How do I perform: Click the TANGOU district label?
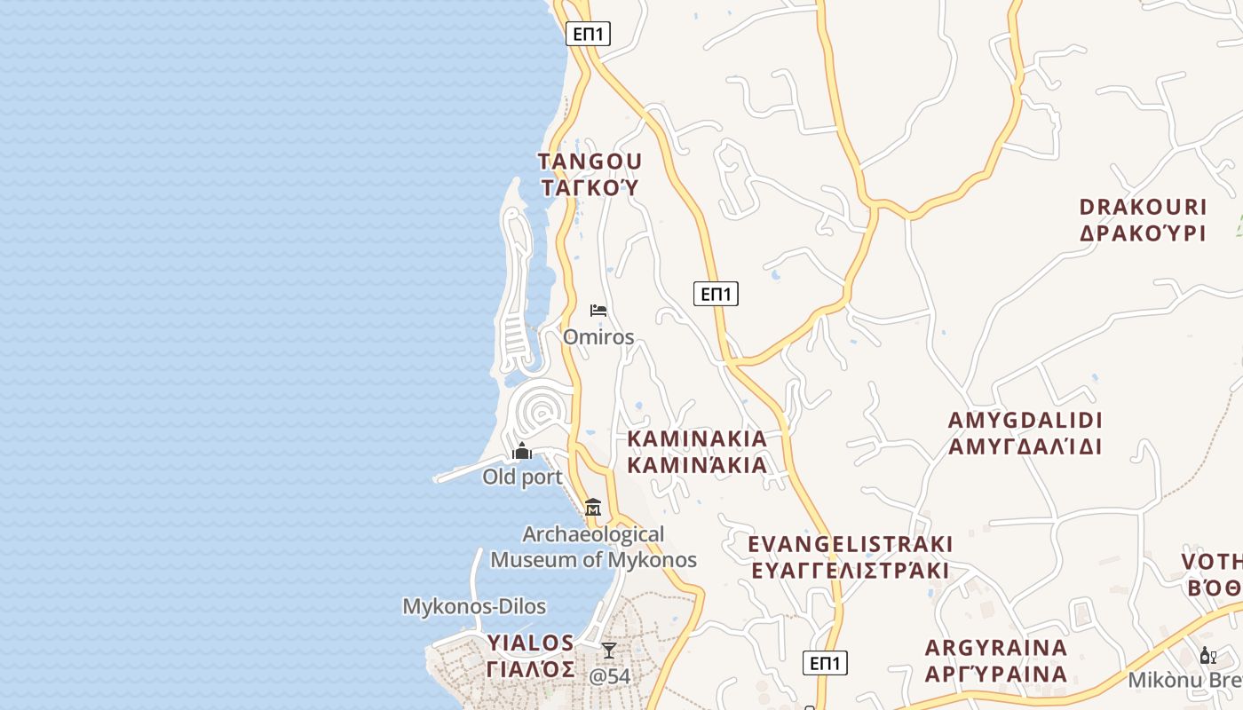[590, 174]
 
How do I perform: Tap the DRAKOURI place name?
[1143, 220]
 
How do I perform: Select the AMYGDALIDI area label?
[1025, 432]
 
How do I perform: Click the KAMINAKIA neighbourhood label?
[697, 452]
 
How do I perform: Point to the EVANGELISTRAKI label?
[850, 556]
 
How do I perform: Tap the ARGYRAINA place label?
[995, 660]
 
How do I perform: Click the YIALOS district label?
[531, 655]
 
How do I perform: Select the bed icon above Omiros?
[598, 311]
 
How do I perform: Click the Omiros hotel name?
[598, 337]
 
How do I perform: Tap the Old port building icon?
[522, 451]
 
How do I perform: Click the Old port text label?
[522, 477]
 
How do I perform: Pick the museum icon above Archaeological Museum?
[593, 507]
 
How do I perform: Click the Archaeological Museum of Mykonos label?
[593, 547]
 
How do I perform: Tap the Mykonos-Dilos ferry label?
[474, 607]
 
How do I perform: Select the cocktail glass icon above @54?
[609, 651]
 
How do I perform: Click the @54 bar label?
[610, 676]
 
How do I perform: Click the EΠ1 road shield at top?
[588, 35]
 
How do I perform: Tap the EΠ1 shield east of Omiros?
[716, 294]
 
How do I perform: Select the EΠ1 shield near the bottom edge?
[825, 663]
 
